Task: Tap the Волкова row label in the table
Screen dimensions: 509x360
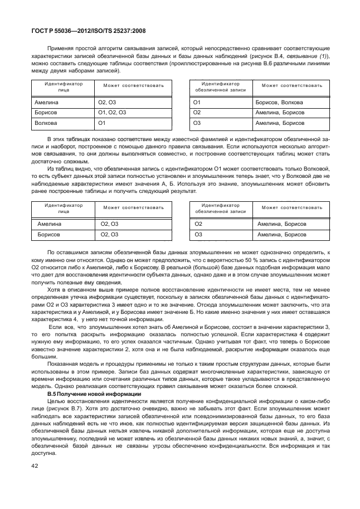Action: point(46,123)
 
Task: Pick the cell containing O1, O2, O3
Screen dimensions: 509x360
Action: point(113,113)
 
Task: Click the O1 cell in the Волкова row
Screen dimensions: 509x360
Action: point(102,123)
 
